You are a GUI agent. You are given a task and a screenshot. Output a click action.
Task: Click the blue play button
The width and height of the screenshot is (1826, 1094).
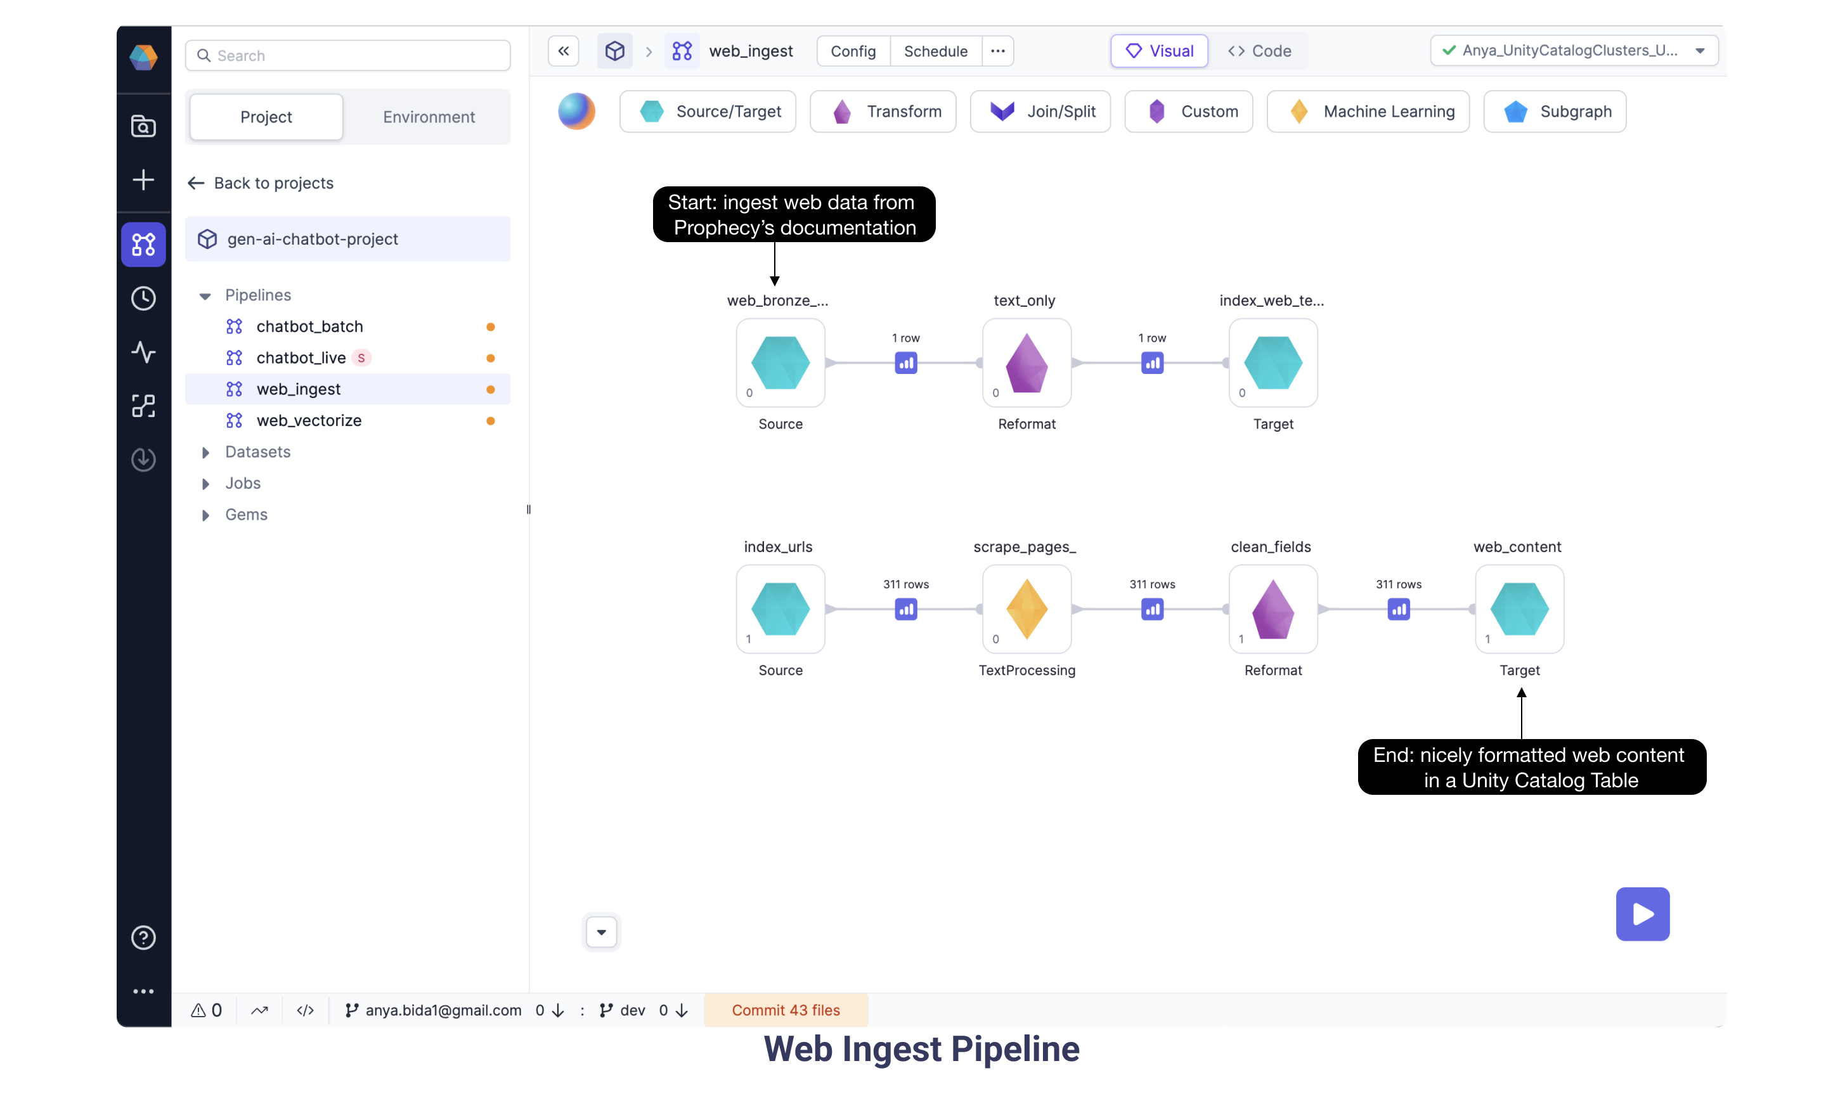pyautogui.click(x=1641, y=913)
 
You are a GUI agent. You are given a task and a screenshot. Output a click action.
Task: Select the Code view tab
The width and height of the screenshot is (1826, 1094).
pyautogui.click(x=1259, y=51)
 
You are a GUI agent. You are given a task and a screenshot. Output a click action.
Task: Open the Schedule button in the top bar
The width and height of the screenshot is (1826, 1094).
pyautogui.click(x=935, y=51)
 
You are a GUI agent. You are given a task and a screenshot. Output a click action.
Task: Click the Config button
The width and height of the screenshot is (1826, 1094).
pyautogui.click(x=852, y=51)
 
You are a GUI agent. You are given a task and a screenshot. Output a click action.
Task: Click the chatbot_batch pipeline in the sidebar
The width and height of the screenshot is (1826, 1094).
pyautogui.click(x=309, y=326)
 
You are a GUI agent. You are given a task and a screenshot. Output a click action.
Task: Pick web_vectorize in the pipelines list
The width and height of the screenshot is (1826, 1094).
pyautogui.click(x=309, y=420)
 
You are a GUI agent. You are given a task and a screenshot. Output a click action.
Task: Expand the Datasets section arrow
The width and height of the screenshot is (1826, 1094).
pyautogui.click(x=205, y=452)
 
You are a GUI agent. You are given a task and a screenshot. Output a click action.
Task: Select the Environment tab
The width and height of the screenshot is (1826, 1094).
pyautogui.click(x=429, y=117)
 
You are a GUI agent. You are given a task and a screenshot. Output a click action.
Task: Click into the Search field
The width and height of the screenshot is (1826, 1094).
pyautogui.click(x=348, y=55)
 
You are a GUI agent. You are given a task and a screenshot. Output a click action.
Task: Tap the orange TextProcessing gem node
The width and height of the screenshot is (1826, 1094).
pyautogui.click(x=1026, y=609)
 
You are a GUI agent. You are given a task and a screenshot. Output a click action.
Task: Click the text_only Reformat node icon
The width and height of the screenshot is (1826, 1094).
pyautogui.click(x=1026, y=363)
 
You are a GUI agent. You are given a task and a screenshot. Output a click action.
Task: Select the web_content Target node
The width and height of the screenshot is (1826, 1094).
pyautogui.click(x=1518, y=609)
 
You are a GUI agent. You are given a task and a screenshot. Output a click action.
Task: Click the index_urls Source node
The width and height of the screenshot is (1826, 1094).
pyautogui.click(x=780, y=609)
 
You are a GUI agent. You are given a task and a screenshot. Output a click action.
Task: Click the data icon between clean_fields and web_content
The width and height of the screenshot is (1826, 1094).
pyautogui.click(x=1397, y=610)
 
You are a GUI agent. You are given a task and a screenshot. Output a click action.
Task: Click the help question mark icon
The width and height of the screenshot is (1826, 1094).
pyautogui.click(x=143, y=937)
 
